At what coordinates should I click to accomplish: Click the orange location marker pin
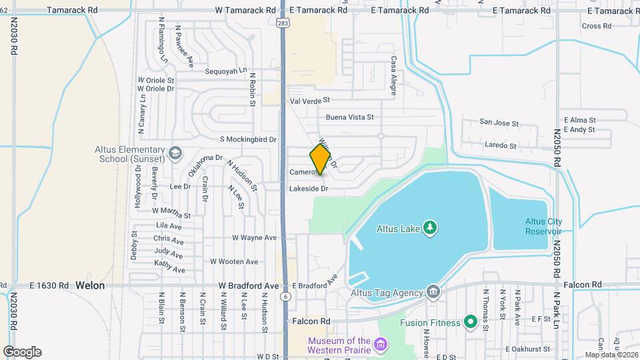click(x=320, y=159)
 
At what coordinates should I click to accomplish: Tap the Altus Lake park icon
click(x=431, y=229)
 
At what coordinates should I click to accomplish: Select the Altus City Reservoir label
click(x=543, y=226)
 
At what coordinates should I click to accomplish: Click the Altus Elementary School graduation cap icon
click(x=174, y=153)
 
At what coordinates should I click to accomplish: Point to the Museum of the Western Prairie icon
click(x=380, y=345)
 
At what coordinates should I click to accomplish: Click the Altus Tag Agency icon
click(x=433, y=292)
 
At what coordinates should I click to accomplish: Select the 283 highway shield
click(x=283, y=23)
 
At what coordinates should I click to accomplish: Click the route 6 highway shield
click(x=286, y=296)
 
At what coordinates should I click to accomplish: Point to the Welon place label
click(x=90, y=285)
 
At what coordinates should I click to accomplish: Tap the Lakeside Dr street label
click(x=309, y=189)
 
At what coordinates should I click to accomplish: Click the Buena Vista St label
click(x=349, y=117)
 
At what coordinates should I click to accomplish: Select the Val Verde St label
click(x=310, y=100)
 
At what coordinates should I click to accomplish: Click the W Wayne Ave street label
click(x=254, y=237)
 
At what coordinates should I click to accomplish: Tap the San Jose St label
click(x=499, y=123)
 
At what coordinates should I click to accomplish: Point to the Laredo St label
click(x=501, y=145)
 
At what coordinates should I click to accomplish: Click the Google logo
click(x=22, y=352)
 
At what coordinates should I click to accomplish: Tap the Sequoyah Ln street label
click(x=226, y=71)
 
